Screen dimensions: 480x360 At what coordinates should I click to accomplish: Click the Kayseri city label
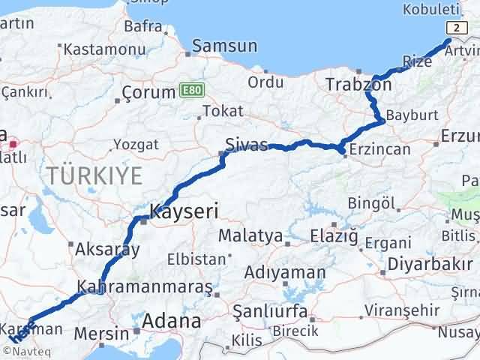point(184,212)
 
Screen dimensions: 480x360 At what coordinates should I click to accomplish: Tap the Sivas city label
point(247,145)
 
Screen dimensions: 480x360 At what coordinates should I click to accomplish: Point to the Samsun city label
point(224,46)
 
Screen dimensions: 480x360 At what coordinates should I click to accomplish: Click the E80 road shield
point(191,89)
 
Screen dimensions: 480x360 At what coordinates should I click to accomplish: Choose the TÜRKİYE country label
point(94,176)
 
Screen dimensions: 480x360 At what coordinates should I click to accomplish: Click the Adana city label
point(173,322)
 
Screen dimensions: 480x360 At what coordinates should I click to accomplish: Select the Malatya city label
point(250,236)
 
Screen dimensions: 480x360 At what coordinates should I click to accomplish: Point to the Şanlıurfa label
point(266,310)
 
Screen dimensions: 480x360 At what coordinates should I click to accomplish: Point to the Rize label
point(418,61)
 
